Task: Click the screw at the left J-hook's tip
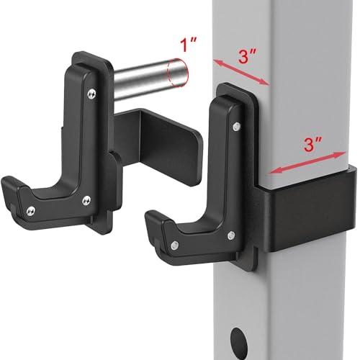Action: (32, 210)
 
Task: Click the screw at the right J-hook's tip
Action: (174, 246)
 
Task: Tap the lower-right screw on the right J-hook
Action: (230, 235)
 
